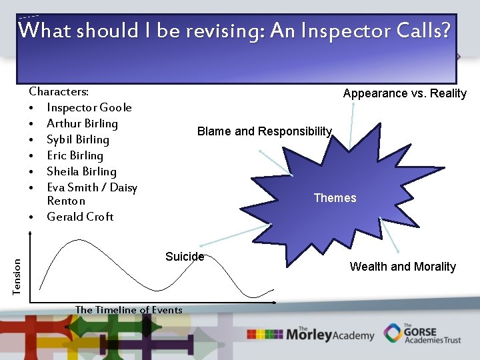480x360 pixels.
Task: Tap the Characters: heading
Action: pyautogui.click(x=59, y=91)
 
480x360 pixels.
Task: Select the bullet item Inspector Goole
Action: pyautogui.click(x=89, y=107)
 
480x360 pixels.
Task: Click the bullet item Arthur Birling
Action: pyautogui.click(x=82, y=123)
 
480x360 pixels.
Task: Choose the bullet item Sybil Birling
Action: pyautogui.click(x=77, y=139)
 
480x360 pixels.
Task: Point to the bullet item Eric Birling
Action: pyautogui.click(x=75, y=155)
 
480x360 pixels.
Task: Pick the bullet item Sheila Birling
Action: pyautogui.click(x=81, y=171)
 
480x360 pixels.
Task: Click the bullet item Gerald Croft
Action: pyautogui.click(x=80, y=217)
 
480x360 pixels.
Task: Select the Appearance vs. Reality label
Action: pyautogui.click(x=405, y=93)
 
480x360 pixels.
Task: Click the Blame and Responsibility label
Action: pyautogui.click(x=264, y=131)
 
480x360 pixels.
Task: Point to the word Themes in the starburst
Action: pyautogui.click(x=335, y=198)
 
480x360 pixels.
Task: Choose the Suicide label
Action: pyautogui.click(x=185, y=257)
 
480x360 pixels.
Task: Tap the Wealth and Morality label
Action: pyautogui.click(x=403, y=267)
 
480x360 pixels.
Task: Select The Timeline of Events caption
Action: pyautogui.click(x=129, y=309)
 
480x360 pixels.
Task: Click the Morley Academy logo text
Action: pyautogui.click(x=329, y=334)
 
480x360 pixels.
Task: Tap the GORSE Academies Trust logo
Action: pyautogui.click(x=423, y=333)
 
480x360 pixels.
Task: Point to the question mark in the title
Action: pyautogui.click(x=445, y=31)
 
